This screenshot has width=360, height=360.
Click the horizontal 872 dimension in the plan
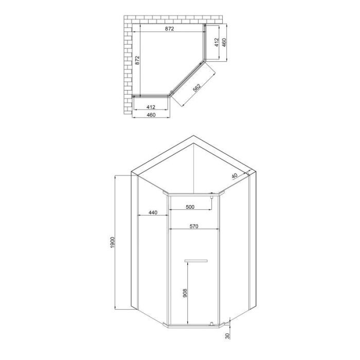point(169,29)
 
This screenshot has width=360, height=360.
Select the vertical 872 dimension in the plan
point(137,60)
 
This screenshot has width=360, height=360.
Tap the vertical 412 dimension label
point(217,42)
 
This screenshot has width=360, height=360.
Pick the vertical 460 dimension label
point(225,42)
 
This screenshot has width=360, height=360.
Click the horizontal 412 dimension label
point(151,106)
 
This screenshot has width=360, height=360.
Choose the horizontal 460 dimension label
point(151,115)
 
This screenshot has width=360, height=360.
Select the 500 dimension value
point(190,207)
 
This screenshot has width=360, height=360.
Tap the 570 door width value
point(193,226)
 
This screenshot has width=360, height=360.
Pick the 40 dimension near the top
point(235,176)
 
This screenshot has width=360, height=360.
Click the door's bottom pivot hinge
point(211,323)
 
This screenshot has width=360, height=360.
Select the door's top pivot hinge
point(211,195)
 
